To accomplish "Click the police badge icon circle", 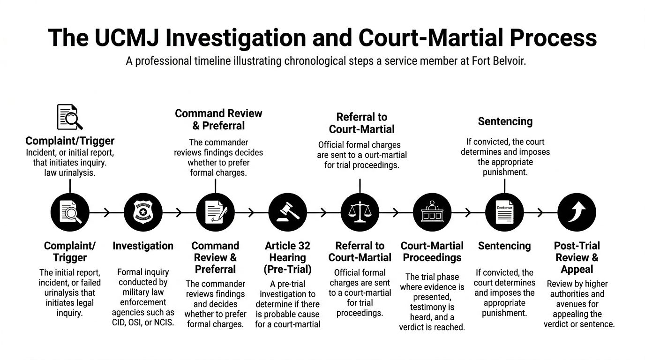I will [143, 212].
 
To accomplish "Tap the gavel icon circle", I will [287, 212].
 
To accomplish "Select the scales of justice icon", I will [360, 212].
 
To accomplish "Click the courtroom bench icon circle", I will [432, 212].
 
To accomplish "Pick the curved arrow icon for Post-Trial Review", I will [577, 212].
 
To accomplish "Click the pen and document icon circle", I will [215, 212].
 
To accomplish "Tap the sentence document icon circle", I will [504, 212].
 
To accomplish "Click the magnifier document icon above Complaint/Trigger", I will [69, 117].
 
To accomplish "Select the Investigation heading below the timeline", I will [143, 246].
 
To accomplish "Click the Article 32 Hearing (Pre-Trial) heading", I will [287, 257].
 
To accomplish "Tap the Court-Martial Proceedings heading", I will [432, 252].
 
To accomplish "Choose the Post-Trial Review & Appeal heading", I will [577, 257].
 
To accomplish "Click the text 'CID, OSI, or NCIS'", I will [143, 323].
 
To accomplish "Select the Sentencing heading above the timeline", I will [505, 121].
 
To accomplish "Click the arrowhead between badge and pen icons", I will [179, 212].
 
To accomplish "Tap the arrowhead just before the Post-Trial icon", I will [540, 212].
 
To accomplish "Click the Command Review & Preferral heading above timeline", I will [218, 120].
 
